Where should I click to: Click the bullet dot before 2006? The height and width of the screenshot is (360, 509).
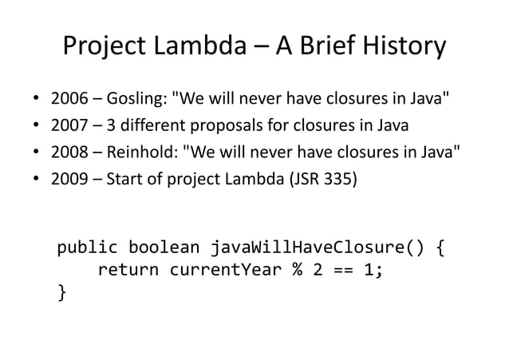pos(36,103)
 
